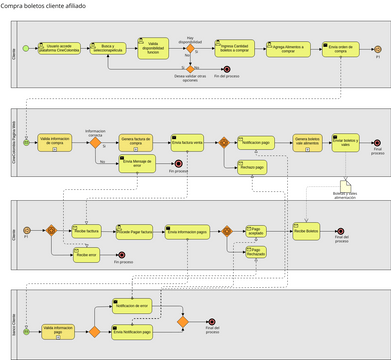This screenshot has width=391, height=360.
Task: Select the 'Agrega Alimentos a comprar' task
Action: [x=285, y=48]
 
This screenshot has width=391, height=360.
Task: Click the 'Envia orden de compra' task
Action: [x=341, y=48]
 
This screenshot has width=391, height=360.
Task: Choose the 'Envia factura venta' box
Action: [x=187, y=144]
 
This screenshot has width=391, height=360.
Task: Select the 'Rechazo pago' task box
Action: [x=252, y=168]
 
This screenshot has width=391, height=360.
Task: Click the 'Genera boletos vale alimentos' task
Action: [x=307, y=143]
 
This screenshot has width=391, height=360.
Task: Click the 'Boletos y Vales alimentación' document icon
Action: [x=345, y=187]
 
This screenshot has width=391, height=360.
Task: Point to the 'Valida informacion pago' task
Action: [x=58, y=329]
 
